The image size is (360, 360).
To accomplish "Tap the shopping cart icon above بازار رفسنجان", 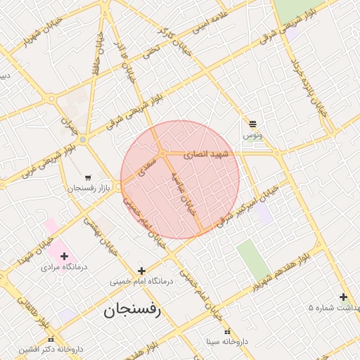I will point(87,178).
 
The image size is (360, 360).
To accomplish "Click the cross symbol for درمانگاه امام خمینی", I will point(141,271).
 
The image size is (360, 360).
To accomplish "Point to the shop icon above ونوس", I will point(252,123).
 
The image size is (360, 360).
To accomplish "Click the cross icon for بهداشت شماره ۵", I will point(343,297).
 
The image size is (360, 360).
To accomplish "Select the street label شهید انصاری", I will point(207,154).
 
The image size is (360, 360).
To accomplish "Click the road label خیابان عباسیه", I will point(182,193).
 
